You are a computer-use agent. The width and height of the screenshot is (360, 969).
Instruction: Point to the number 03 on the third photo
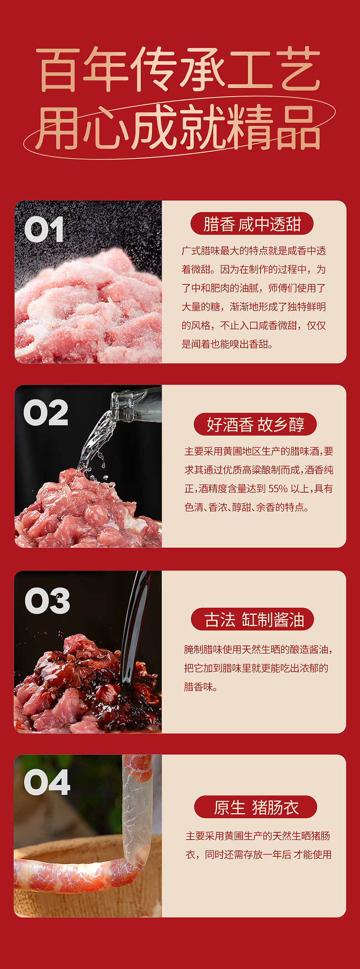click(x=47, y=601)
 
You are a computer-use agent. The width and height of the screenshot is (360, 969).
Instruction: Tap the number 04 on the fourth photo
click(x=47, y=783)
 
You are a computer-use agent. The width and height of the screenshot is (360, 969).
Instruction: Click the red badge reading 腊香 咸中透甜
click(x=252, y=224)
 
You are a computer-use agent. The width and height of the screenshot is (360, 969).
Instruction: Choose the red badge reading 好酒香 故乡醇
click(x=255, y=424)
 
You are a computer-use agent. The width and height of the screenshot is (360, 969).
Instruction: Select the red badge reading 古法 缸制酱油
click(x=253, y=619)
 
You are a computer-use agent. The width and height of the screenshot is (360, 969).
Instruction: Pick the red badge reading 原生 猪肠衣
click(x=256, y=807)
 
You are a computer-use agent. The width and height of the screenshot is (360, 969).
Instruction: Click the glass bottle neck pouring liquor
click(x=134, y=403)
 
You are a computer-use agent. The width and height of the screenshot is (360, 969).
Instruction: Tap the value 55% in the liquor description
click(x=278, y=489)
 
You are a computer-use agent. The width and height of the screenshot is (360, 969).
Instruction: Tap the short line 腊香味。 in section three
click(x=201, y=687)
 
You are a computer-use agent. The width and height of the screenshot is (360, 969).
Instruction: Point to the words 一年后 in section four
click(x=278, y=855)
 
